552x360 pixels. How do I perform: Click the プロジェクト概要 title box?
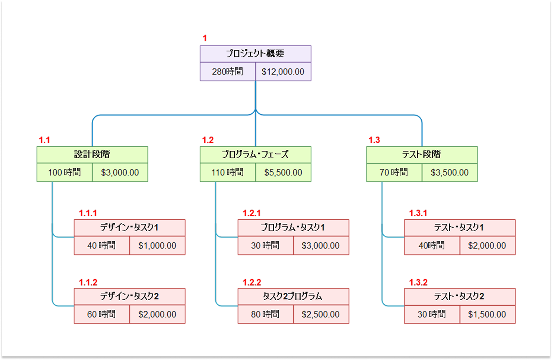pyautogui.click(x=255, y=53)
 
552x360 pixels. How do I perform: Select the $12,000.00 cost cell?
pyautogui.click(x=283, y=72)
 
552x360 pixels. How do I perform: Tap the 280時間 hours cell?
pyautogui.click(x=228, y=72)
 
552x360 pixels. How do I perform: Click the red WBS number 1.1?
pyautogui.click(x=44, y=140)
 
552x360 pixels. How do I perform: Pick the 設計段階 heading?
pyautogui.click(x=92, y=154)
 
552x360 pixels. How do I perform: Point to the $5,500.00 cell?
pyautogui.click(x=283, y=173)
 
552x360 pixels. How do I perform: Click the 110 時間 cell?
pyautogui.click(x=228, y=173)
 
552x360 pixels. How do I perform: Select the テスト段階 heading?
pyautogui.click(x=422, y=154)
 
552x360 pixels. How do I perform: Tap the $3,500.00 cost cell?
pyautogui.click(x=450, y=173)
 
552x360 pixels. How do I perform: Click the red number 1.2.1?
pyautogui.click(x=251, y=213)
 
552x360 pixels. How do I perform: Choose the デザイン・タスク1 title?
pyautogui.click(x=129, y=228)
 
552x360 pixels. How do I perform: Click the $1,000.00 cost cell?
pyautogui.click(x=157, y=246)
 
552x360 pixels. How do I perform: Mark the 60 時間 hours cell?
pyautogui.click(x=101, y=314)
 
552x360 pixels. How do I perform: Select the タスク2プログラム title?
pyautogui.click(x=293, y=296)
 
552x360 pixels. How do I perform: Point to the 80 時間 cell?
pyautogui.click(x=265, y=314)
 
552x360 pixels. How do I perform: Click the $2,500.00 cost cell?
pyautogui.click(x=320, y=314)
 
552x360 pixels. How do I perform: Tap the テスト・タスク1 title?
pyautogui.click(x=459, y=228)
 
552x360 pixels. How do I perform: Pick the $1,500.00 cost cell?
pyautogui.click(x=487, y=314)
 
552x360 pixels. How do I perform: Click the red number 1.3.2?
pyautogui.click(x=418, y=282)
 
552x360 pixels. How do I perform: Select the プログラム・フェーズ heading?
pyautogui.click(x=255, y=154)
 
